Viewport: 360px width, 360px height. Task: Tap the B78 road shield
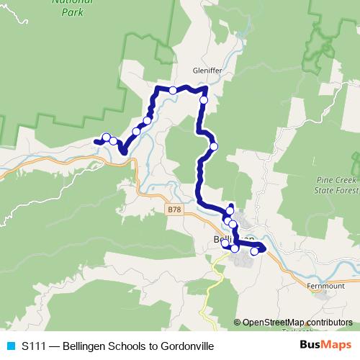[171, 210]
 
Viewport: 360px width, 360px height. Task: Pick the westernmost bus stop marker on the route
[106, 138]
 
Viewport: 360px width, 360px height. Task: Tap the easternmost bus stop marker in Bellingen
[254, 251]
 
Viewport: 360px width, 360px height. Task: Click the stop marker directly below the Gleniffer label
[204, 100]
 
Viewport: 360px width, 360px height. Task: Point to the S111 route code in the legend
[34, 346]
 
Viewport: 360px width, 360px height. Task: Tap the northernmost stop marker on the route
[173, 90]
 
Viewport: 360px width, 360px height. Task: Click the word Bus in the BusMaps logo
[312, 346]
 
